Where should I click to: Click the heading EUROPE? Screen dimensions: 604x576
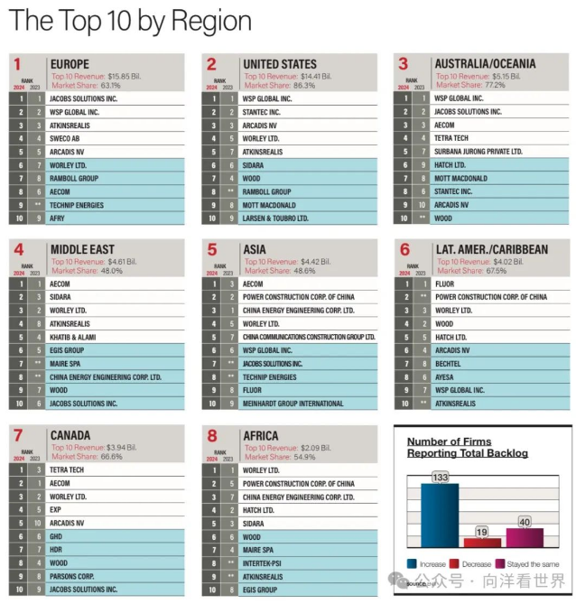click(x=70, y=64)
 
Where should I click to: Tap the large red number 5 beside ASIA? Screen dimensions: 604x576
click(x=211, y=250)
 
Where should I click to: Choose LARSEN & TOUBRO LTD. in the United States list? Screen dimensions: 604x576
click(x=275, y=218)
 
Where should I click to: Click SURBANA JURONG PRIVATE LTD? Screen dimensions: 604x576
click(x=478, y=152)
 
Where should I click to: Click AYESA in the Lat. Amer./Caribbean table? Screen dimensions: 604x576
click(x=445, y=376)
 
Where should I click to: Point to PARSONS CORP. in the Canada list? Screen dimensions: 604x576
click(x=71, y=576)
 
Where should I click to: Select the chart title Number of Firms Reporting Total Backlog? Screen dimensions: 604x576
click(x=467, y=447)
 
